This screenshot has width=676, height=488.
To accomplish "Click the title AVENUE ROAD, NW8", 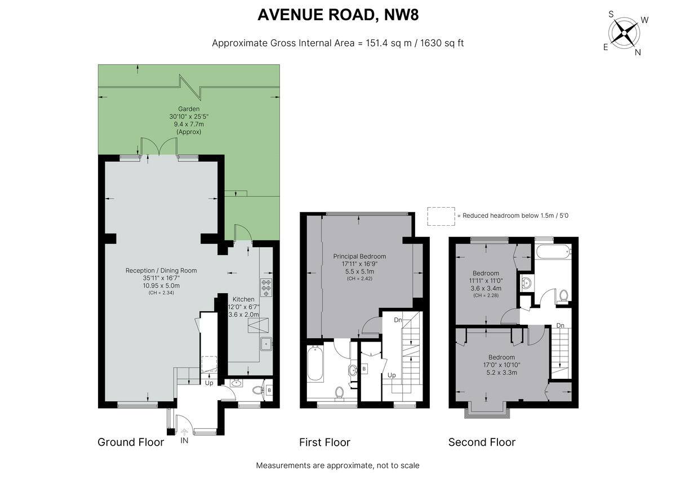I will (337, 15).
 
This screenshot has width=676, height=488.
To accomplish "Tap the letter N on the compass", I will (638, 52).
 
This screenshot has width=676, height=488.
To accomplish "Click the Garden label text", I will (189, 109).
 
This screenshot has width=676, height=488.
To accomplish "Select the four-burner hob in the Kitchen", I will (266, 288).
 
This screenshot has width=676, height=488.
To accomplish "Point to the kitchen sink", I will (266, 343).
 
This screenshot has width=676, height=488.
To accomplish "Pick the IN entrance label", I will (184, 441).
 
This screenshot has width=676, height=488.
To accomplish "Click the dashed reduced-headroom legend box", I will (441, 216).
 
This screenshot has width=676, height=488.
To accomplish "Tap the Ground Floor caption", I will (131, 442).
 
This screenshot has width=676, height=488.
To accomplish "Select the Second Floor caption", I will (482, 442).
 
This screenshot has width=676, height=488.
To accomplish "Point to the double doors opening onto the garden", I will (159, 148).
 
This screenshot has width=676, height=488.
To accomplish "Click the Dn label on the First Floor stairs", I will (398, 320).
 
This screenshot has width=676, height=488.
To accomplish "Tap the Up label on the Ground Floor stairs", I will (209, 383).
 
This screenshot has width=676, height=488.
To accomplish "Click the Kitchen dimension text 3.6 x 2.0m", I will (243, 315).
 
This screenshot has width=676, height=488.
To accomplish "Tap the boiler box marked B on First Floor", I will (364, 369).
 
